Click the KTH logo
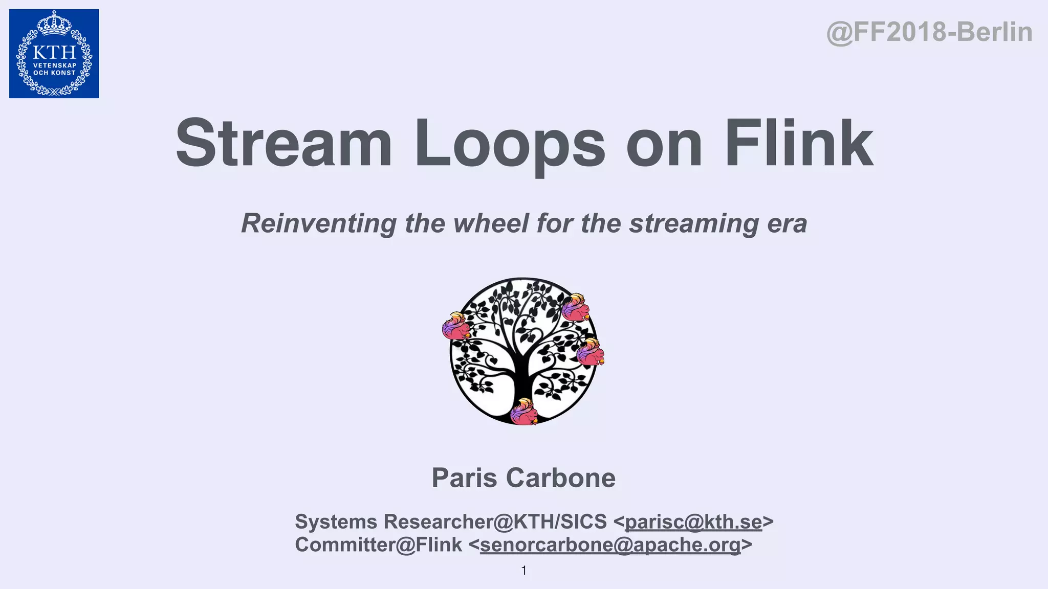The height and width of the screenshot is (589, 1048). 54,54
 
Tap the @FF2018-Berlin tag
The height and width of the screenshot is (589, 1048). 929,32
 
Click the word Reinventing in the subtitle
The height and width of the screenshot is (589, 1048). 318,223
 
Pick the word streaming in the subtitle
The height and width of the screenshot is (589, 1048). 694,223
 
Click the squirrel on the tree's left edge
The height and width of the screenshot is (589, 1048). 455,326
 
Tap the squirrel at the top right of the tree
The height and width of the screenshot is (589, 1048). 575,307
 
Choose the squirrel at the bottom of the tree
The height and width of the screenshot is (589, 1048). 523,412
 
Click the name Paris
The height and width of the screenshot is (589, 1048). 464,478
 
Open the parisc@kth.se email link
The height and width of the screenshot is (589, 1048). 693,522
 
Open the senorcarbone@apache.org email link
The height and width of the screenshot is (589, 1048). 610,545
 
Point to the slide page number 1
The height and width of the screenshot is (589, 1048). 523,571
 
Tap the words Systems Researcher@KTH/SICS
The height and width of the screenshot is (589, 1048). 450,522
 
